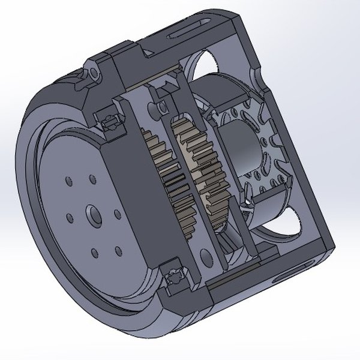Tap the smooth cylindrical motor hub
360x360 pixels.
pos(240,150)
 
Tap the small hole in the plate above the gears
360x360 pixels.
pos(162,106)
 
